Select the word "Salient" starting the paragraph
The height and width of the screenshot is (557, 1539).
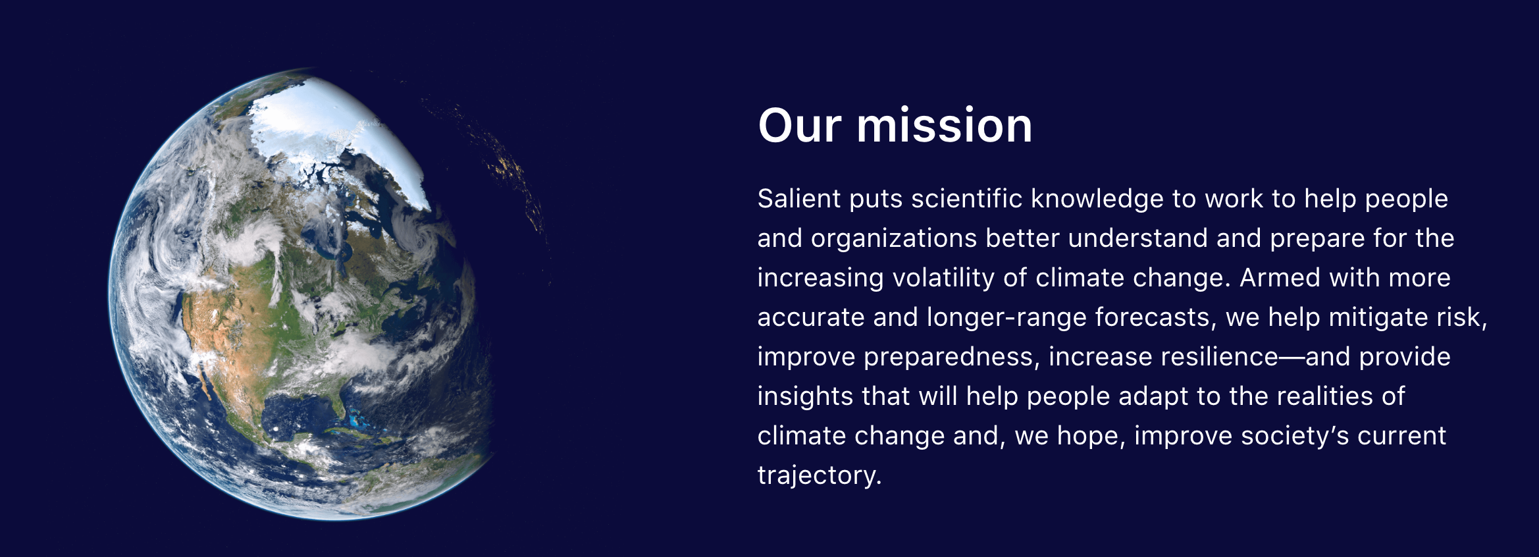click(x=799, y=199)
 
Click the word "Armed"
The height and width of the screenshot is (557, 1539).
click(x=1280, y=278)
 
